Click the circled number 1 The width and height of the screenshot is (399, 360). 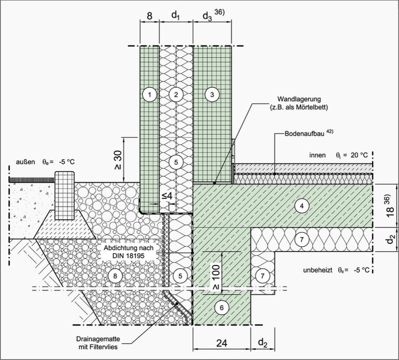point(150,95)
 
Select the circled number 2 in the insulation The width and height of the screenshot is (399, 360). point(176,95)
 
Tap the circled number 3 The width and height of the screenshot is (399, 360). point(212,95)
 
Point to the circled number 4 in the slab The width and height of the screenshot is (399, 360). point(302,206)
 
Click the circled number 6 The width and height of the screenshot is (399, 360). point(222,308)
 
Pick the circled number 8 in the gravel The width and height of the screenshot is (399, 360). point(115,276)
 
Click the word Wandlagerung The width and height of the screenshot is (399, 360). point(299,99)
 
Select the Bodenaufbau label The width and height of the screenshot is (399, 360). point(304,134)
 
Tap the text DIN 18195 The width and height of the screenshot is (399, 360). point(129,256)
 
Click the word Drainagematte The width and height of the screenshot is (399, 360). point(98,339)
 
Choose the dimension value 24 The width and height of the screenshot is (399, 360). point(222,343)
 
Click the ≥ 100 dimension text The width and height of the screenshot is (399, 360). point(217,277)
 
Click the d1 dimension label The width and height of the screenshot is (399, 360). point(176,16)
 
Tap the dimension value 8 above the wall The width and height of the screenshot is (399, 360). point(150,16)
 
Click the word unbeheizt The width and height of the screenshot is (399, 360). point(318,270)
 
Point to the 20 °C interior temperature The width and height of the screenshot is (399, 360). point(359,155)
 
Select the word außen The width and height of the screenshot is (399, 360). point(26,162)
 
